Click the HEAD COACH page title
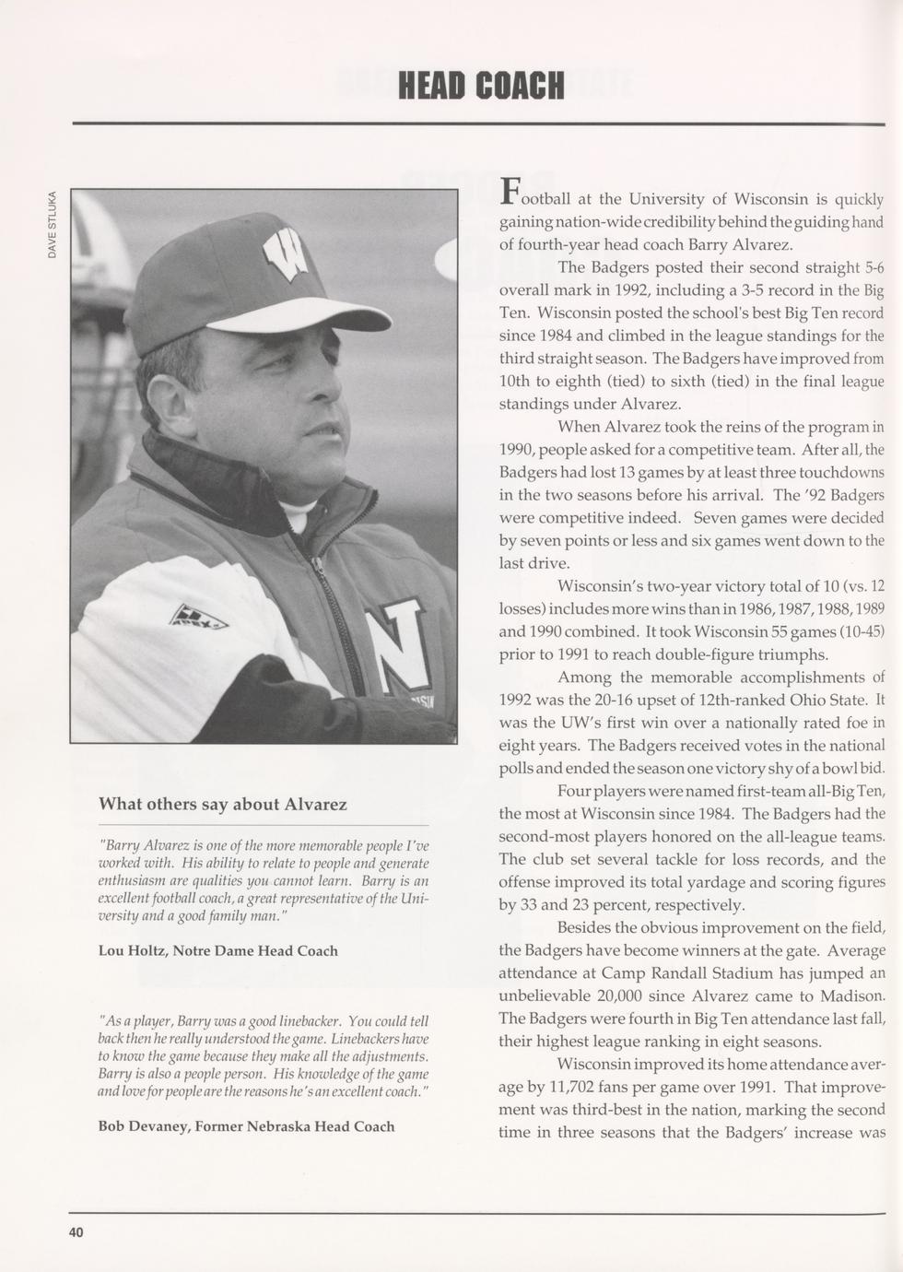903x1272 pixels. coord(480,86)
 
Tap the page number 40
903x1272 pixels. coord(75,1233)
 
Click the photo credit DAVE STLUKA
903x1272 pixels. coord(53,224)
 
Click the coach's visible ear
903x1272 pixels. coord(168,405)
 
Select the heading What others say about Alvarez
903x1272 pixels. coord(223,804)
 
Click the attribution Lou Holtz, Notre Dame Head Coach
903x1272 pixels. coord(217,950)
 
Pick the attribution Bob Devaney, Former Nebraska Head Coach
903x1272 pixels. coord(246,1125)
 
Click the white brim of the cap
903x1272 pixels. coord(295,315)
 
